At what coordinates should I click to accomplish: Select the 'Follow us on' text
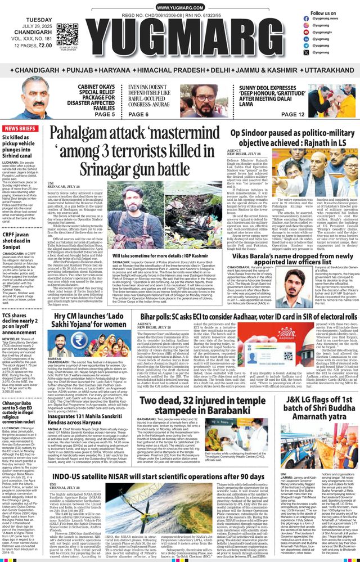click(x=326, y=13)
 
